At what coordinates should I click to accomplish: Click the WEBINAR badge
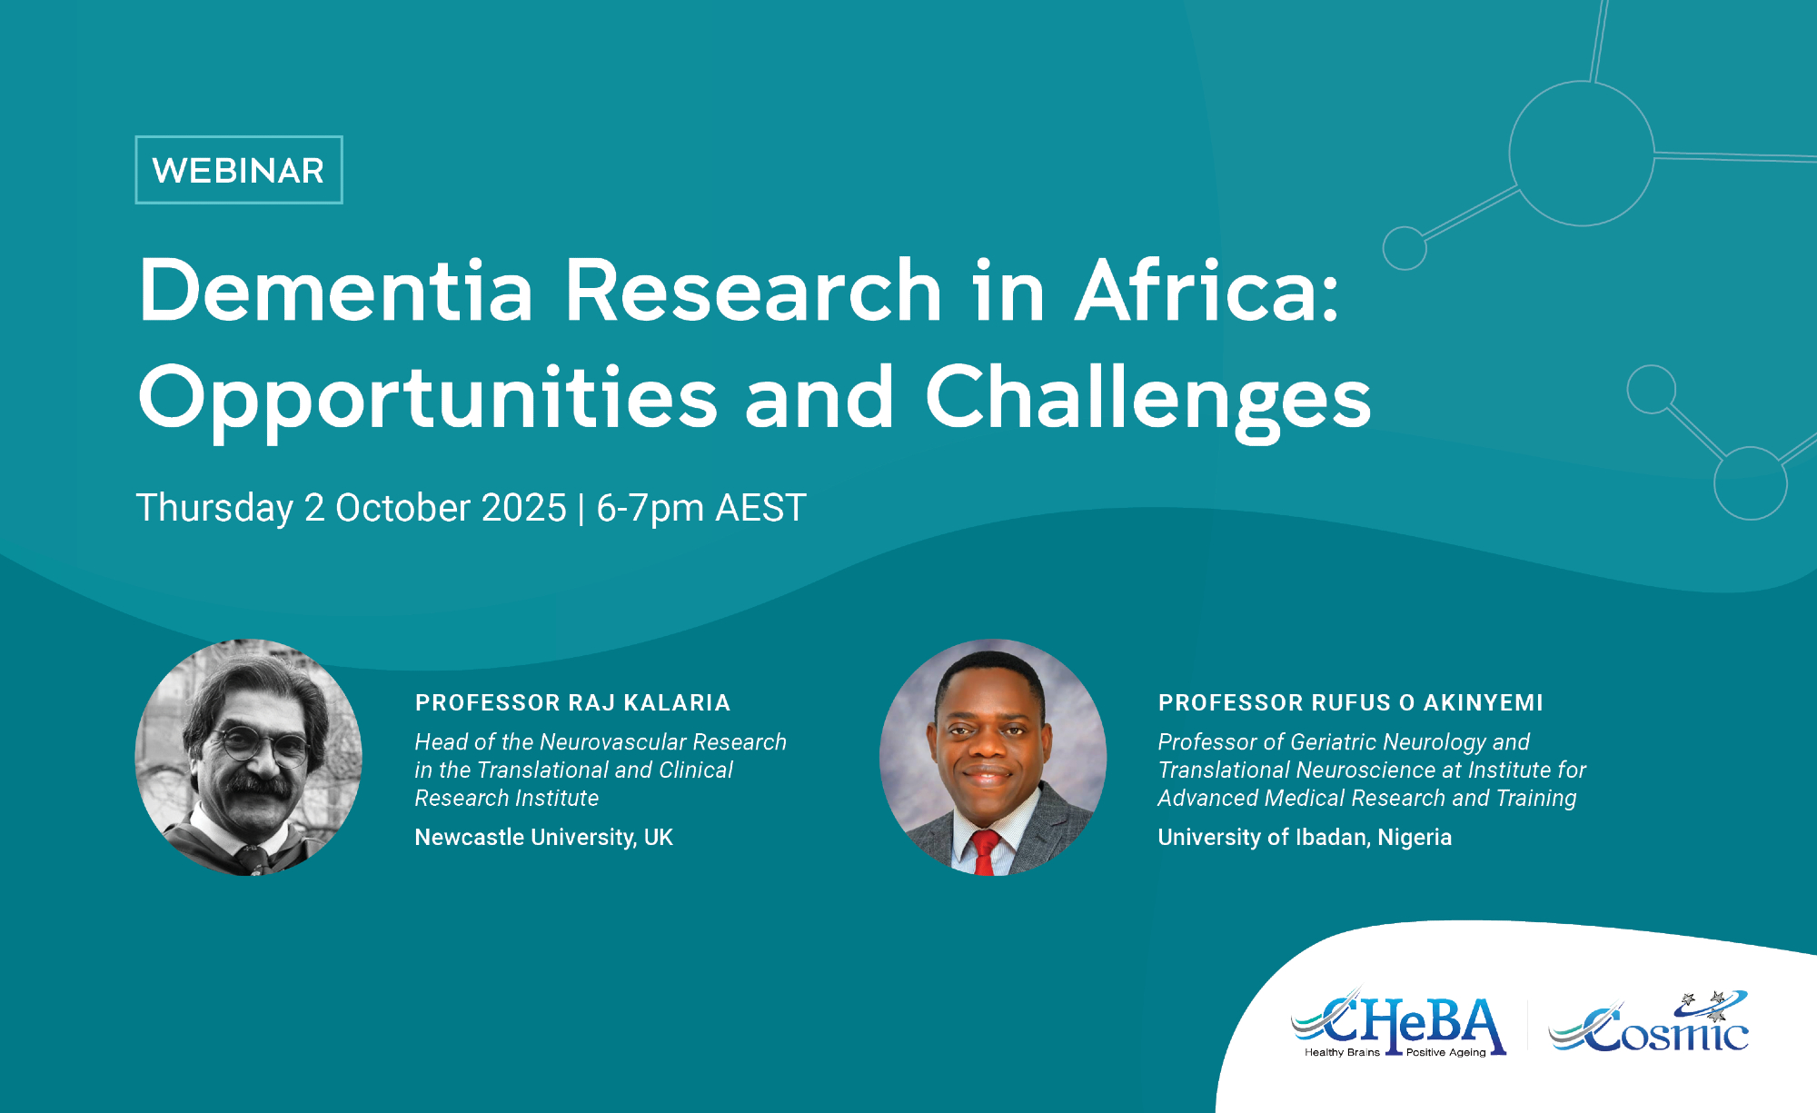[239, 170]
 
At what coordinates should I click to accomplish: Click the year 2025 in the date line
[524, 508]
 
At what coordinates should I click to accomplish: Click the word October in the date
[402, 508]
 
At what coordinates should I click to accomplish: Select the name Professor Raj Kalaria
[573, 702]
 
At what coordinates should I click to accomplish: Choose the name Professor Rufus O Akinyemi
[1351, 702]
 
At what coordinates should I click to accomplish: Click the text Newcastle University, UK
[544, 837]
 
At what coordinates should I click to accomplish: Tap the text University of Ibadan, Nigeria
[1305, 837]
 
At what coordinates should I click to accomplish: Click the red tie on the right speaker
[984, 853]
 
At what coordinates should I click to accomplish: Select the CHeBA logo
[1399, 1025]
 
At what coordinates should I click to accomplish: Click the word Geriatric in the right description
[1334, 742]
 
